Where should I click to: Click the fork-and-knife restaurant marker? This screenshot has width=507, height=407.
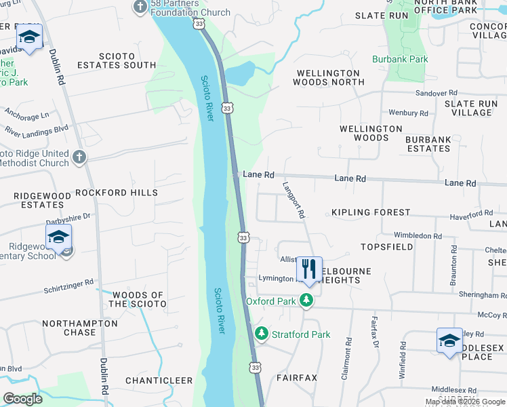pyautogui.click(x=308, y=269)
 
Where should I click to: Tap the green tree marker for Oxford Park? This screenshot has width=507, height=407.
pyautogui.click(x=307, y=301)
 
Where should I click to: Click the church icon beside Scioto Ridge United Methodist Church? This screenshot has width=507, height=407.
pyautogui.click(x=79, y=157)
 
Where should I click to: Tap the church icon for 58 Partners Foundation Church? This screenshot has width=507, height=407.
pyautogui.click(x=140, y=7)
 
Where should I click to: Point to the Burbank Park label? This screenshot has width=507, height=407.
pyautogui.click(x=400, y=59)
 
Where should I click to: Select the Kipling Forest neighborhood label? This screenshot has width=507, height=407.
pyautogui.click(x=371, y=212)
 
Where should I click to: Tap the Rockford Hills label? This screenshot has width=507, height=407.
pyautogui.click(x=116, y=193)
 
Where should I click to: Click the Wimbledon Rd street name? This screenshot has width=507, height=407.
pyautogui.click(x=418, y=235)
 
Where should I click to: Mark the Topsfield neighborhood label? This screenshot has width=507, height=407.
pyautogui.click(x=386, y=247)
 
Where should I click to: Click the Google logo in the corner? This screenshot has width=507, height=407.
pyautogui.click(x=22, y=400)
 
